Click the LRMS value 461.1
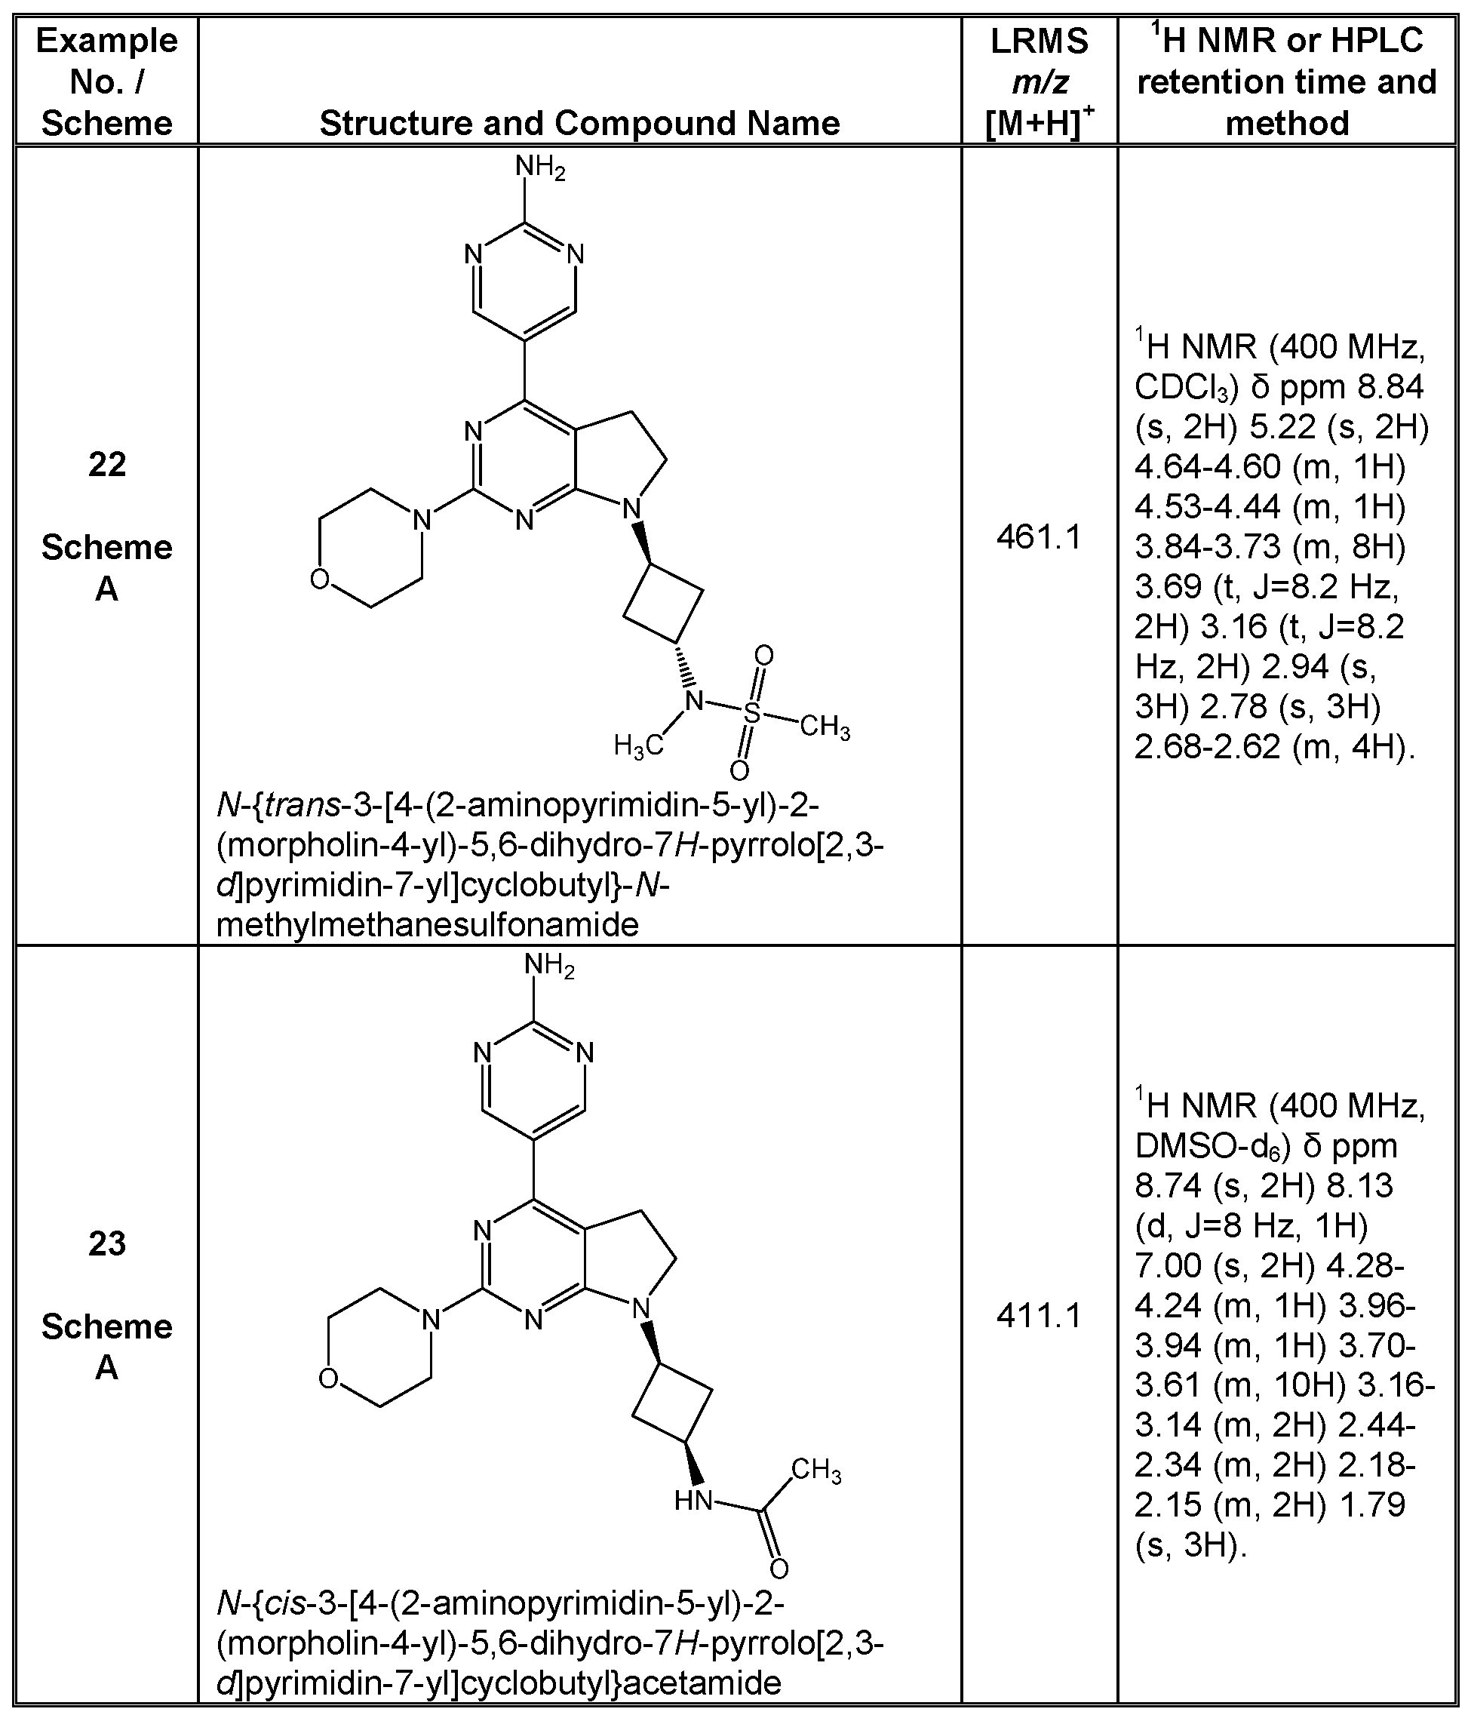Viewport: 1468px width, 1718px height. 1039,539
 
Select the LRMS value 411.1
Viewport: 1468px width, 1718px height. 1039,1316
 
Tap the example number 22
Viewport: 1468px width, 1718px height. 107,464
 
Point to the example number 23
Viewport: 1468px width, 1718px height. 107,1243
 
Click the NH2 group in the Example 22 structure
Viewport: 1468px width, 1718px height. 539,168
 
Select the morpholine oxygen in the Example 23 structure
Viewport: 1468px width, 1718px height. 329,1378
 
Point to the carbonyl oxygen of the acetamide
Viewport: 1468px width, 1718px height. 779,1569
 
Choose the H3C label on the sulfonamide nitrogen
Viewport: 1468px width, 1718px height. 638,745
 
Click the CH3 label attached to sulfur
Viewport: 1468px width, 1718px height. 825,729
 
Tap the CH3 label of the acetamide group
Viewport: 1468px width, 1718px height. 816,1470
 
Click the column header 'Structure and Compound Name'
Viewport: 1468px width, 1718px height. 579,124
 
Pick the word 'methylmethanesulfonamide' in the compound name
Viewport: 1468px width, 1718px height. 427,924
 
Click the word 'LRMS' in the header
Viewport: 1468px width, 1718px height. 1039,41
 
